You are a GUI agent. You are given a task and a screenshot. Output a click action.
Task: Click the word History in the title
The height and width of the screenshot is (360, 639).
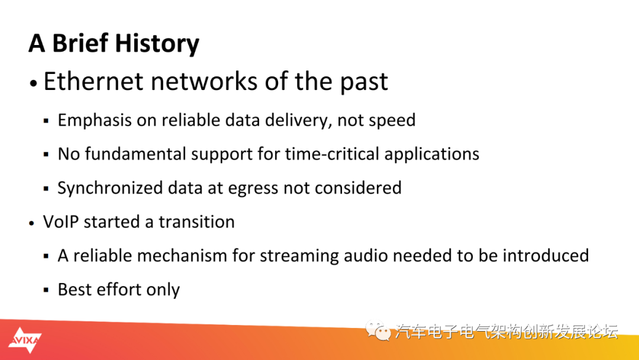tap(157, 44)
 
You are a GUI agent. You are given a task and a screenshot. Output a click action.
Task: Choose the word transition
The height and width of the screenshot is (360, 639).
tap(196, 222)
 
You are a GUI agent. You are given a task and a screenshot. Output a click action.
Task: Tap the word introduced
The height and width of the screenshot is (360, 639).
tap(546, 256)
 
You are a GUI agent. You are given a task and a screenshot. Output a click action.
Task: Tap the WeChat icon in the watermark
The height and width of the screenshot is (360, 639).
tap(377, 330)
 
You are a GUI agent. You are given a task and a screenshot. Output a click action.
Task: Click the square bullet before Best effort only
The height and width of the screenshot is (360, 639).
tap(46, 290)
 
